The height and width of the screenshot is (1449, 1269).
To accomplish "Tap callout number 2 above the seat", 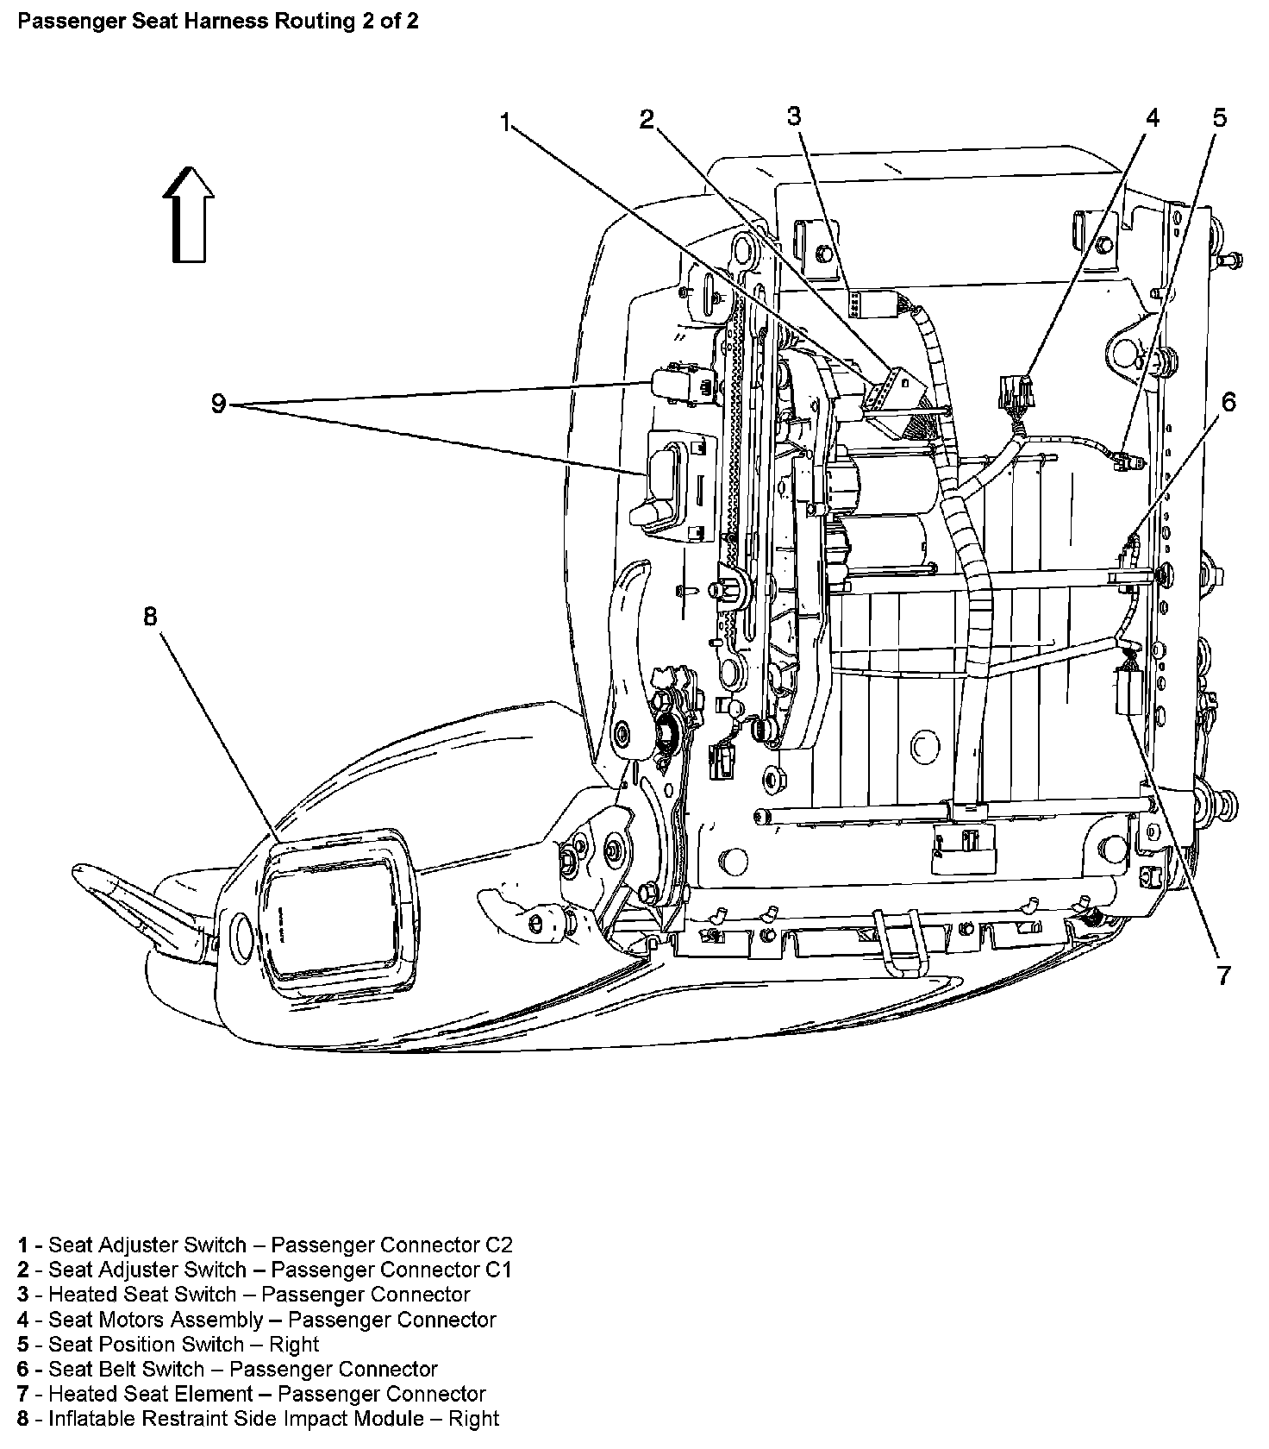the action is [x=647, y=120].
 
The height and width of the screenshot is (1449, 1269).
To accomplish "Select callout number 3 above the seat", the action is [x=794, y=116].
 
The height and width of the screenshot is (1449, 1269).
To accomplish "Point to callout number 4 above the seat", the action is [x=1152, y=117].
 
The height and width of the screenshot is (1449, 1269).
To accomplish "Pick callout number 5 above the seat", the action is [x=1219, y=117].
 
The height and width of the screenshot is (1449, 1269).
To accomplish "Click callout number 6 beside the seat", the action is [x=1228, y=401].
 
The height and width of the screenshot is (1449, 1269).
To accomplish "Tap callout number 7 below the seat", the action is [x=1223, y=975].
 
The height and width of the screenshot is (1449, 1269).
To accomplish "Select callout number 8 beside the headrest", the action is [x=151, y=617].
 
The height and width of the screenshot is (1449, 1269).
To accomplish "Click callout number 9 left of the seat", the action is [x=219, y=404].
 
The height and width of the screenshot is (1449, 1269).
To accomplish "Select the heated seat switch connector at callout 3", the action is [x=866, y=304].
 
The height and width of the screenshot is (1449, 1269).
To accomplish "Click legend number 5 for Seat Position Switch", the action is [x=23, y=1345].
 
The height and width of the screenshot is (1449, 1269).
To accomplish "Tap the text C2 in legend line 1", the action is [x=497, y=1245].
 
